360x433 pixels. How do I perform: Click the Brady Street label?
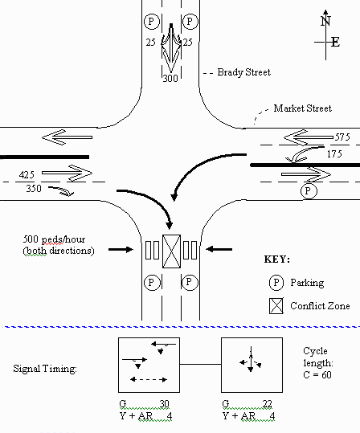[244, 72]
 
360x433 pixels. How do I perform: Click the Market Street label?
[302, 108]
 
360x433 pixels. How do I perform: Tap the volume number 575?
[342, 137]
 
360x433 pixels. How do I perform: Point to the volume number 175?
[334, 153]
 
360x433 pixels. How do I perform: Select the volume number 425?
[27, 175]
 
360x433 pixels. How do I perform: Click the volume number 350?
[34, 189]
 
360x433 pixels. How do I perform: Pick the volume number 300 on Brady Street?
[170, 79]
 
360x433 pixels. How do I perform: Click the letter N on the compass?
[325, 21]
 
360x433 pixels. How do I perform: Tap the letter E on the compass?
[335, 43]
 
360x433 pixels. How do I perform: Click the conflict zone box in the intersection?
[172, 251]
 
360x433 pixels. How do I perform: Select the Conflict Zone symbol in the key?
[276, 306]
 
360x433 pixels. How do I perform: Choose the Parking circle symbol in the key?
[276, 283]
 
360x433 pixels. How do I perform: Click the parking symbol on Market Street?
[309, 191]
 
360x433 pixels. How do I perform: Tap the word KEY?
[277, 259]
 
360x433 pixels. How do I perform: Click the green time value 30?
[164, 404]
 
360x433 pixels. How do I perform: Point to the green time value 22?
[267, 404]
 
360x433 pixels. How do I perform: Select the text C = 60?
[317, 374]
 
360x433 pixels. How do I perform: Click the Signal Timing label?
[45, 369]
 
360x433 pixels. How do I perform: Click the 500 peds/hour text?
[54, 239]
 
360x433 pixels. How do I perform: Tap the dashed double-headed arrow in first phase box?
[149, 379]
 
